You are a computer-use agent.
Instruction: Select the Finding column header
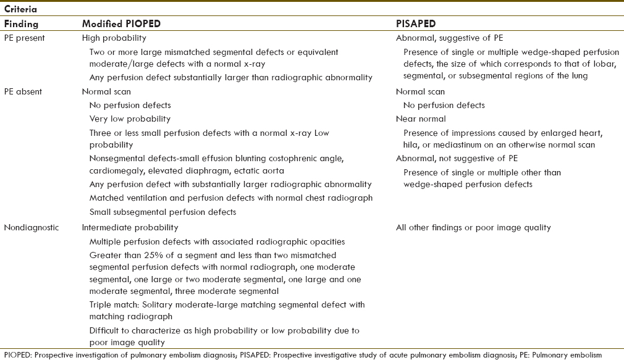point(21,24)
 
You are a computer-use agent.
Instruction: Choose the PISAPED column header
point(415,24)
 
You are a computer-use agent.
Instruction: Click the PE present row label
point(25,38)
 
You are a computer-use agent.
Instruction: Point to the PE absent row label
point(23,91)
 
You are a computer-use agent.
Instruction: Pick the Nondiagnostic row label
point(31,227)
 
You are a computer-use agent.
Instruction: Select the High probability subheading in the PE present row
point(109,38)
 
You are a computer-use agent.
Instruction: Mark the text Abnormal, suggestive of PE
point(450,38)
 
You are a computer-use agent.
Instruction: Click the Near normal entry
point(421,119)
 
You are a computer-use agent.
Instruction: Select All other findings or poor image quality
point(473,227)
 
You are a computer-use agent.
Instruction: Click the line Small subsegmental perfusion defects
point(162,212)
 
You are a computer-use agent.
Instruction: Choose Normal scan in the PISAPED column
point(420,91)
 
